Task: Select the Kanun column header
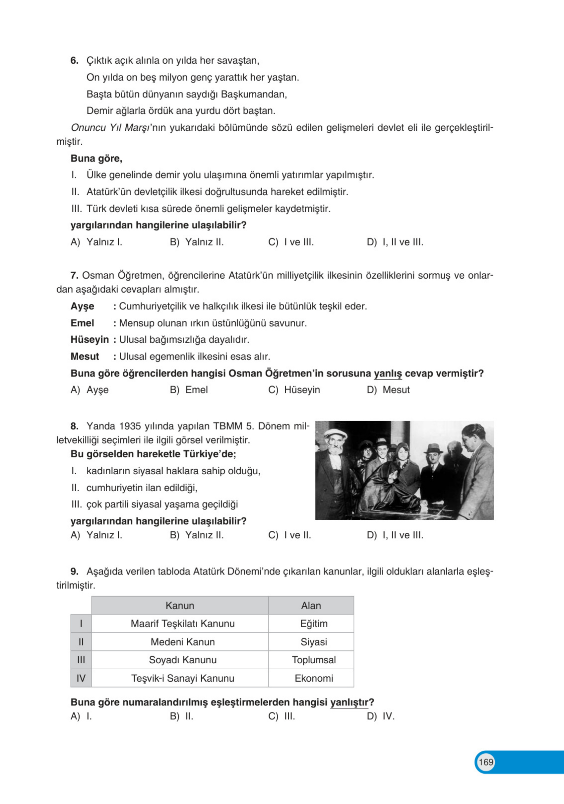pyautogui.click(x=180, y=605)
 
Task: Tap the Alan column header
pyautogui.click(x=311, y=605)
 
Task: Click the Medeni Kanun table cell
pyautogui.click(x=182, y=642)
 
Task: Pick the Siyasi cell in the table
pyautogui.click(x=314, y=642)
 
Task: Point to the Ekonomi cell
pyautogui.click(x=314, y=678)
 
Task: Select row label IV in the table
pyautogui.click(x=81, y=678)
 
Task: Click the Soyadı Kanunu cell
pyautogui.click(x=182, y=660)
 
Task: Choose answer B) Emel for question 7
pyautogui.click(x=189, y=390)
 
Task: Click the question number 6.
pyautogui.click(x=74, y=61)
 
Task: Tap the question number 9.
pyautogui.click(x=74, y=571)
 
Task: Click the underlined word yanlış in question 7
pyautogui.click(x=388, y=373)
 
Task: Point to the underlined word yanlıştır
pyautogui.click(x=349, y=702)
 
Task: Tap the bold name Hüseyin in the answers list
pyautogui.click(x=90, y=340)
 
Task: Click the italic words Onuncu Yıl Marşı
pyautogui.click(x=110, y=128)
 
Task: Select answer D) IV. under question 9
pyautogui.click(x=381, y=716)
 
